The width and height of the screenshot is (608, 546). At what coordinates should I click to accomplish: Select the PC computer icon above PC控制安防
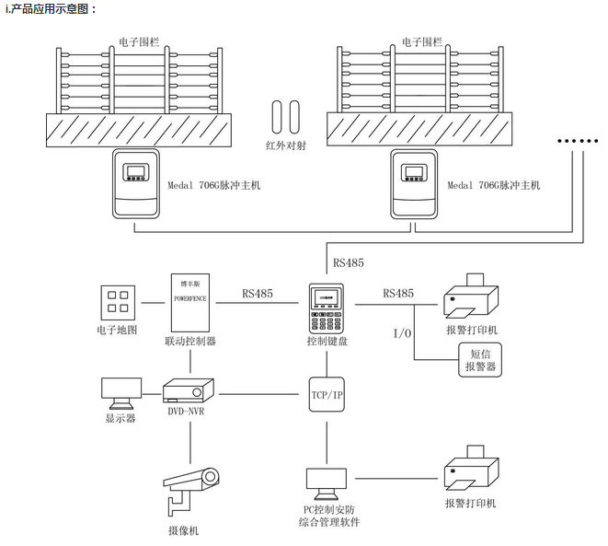pyautogui.click(x=327, y=480)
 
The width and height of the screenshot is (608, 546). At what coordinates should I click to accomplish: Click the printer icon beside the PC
pyautogui.click(x=471, y=473)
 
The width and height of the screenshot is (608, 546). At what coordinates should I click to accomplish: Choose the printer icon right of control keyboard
pyautogui.click(x=471, y=296)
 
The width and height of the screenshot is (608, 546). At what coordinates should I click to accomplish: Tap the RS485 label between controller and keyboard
pyautogui.click(x=258, y=294)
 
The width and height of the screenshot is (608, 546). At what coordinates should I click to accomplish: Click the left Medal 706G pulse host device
pyautogui.click(x=136, y=180)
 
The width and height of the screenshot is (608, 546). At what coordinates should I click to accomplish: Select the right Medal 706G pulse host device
pyautogui.click(x=417, y=180)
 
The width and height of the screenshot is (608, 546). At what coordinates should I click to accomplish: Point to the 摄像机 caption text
pyautogui.click(x=183, y=530)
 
